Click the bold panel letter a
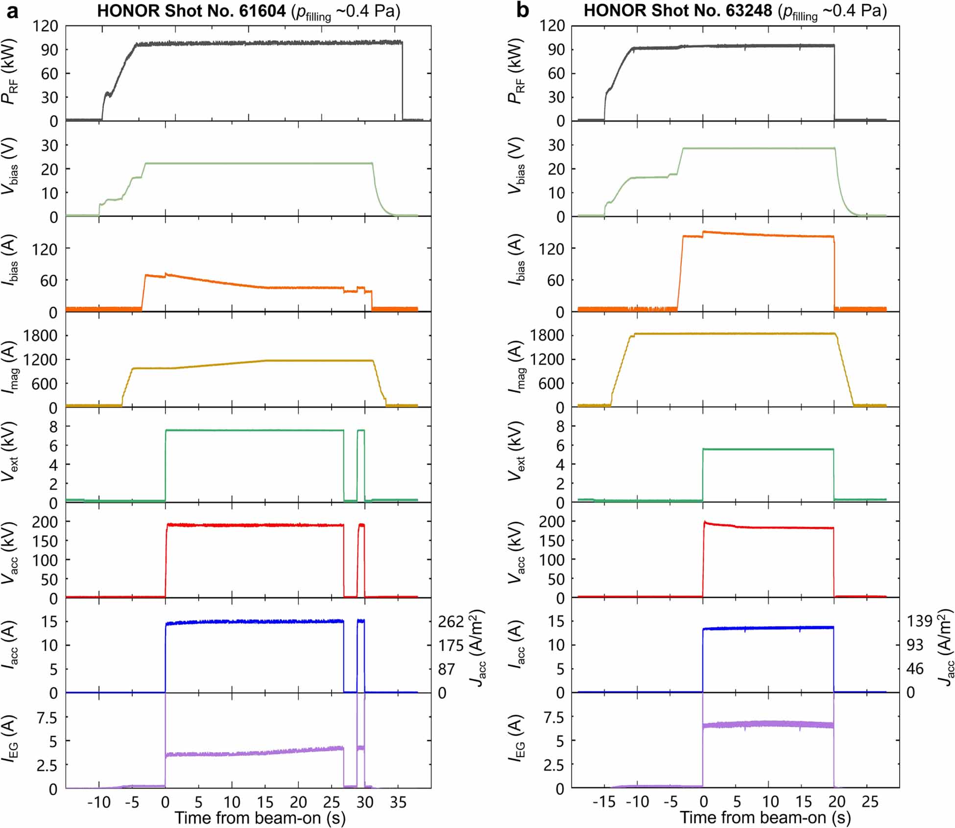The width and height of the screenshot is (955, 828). pos(12,11)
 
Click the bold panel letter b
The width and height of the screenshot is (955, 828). pos(523,10)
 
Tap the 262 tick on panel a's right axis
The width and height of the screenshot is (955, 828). pos(451,622)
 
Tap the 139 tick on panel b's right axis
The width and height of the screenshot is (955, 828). pos(919,621)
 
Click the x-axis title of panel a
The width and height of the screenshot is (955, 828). pos(260,818)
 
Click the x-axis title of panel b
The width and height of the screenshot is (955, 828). pos(765,818)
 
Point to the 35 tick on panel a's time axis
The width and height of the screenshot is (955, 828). pos(398,802)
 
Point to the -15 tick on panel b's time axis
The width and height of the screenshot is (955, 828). pos(603,802)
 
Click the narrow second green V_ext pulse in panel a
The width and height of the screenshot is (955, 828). pos(361,430)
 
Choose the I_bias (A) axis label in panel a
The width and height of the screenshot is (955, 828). pos(11,260)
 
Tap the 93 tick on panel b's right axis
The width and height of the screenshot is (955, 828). pos(914,645)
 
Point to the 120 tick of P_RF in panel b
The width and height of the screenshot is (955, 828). pos(552,25)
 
